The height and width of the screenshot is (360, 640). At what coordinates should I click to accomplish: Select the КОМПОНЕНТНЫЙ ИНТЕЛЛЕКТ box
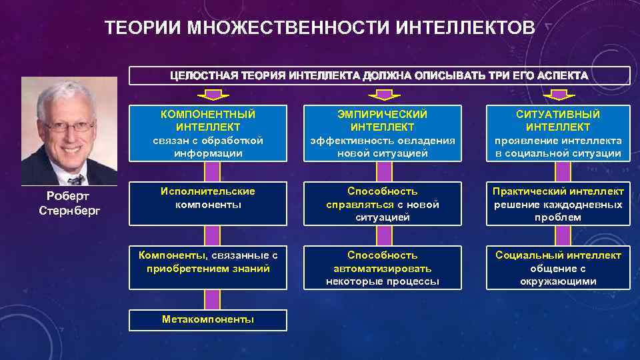pyautogui.click(x=208, y=133)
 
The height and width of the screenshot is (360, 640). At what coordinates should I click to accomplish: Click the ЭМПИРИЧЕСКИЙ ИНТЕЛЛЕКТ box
pyautogui.click(x=383, y=133)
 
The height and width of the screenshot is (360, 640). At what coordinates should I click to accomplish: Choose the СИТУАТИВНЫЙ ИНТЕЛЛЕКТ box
pyautogui.click(x=558, y=133)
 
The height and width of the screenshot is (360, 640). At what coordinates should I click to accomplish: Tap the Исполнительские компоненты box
pyautogui.click(x=208, y=204)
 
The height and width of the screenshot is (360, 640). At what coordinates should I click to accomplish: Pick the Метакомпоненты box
pyautogui.click(x=208, y=320)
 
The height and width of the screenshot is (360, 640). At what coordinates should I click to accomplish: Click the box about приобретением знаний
pyautogui.click(x=208, y=267)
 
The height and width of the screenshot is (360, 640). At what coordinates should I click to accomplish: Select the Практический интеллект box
pyautogui.click(x=558, y=204)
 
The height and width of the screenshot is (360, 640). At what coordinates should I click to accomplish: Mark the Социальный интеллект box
pyautogui.click(x=558, y=267)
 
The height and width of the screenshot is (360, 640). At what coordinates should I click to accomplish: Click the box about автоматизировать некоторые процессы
pyautogui.click(x=383, y=267)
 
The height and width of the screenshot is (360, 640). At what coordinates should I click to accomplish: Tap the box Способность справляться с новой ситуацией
pyautogui.click(x=383, y=204)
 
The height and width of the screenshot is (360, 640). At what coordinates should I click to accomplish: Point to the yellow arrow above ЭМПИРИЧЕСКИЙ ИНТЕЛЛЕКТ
pyautogui.click(x=385, y=94)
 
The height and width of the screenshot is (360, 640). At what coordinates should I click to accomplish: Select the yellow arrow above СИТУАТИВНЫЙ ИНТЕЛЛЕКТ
pyautogui.click(x=559, y=94)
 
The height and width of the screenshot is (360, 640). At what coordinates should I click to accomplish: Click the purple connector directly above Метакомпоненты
pyautogui.click(x=211, y=299)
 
